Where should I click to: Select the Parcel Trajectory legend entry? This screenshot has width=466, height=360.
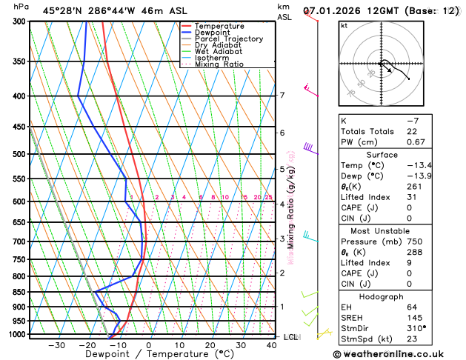click(x=228, y=39)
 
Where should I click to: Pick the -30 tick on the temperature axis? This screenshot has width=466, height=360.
click(x=56, y=345)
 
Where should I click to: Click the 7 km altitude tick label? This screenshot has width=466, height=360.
click(x=282, y=96)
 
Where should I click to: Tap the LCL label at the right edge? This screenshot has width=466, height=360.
click(x=291, y=337)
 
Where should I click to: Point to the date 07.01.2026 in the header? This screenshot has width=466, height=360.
click(x=334, y=11)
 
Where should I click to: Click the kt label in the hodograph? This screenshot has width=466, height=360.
click(x=344, y=25)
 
